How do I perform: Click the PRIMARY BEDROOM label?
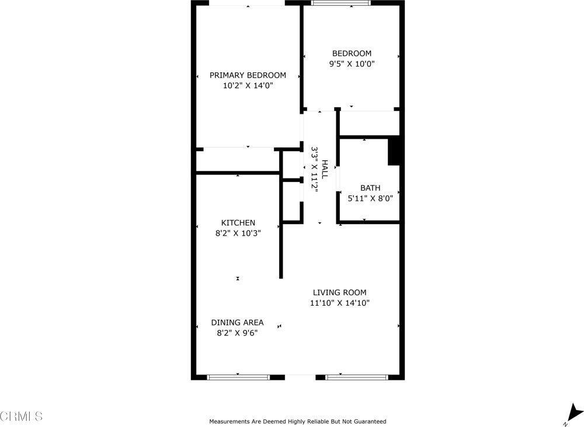click(248, 75)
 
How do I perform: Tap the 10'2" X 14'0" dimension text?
click(248, 86)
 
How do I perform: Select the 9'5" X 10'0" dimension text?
click(351, 64)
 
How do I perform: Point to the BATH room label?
click(370, 188)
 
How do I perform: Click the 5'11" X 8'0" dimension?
click(370, 198)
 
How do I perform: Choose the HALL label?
click(324, 169)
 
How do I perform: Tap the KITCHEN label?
click(238, 223)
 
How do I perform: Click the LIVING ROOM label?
click(339, 292)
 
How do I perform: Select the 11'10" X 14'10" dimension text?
click(339, 303)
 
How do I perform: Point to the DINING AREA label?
click(237, 322)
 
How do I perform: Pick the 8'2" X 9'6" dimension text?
click(237, 332)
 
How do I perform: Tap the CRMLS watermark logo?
click(22, 416)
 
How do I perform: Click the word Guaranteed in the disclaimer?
click(367, 421)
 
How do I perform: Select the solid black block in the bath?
click(394, 150)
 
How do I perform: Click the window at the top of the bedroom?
click(340, 2)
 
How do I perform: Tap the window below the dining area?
click(238, 377)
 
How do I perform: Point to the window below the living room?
click(356, 377)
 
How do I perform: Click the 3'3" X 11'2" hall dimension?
click(314, 169)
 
